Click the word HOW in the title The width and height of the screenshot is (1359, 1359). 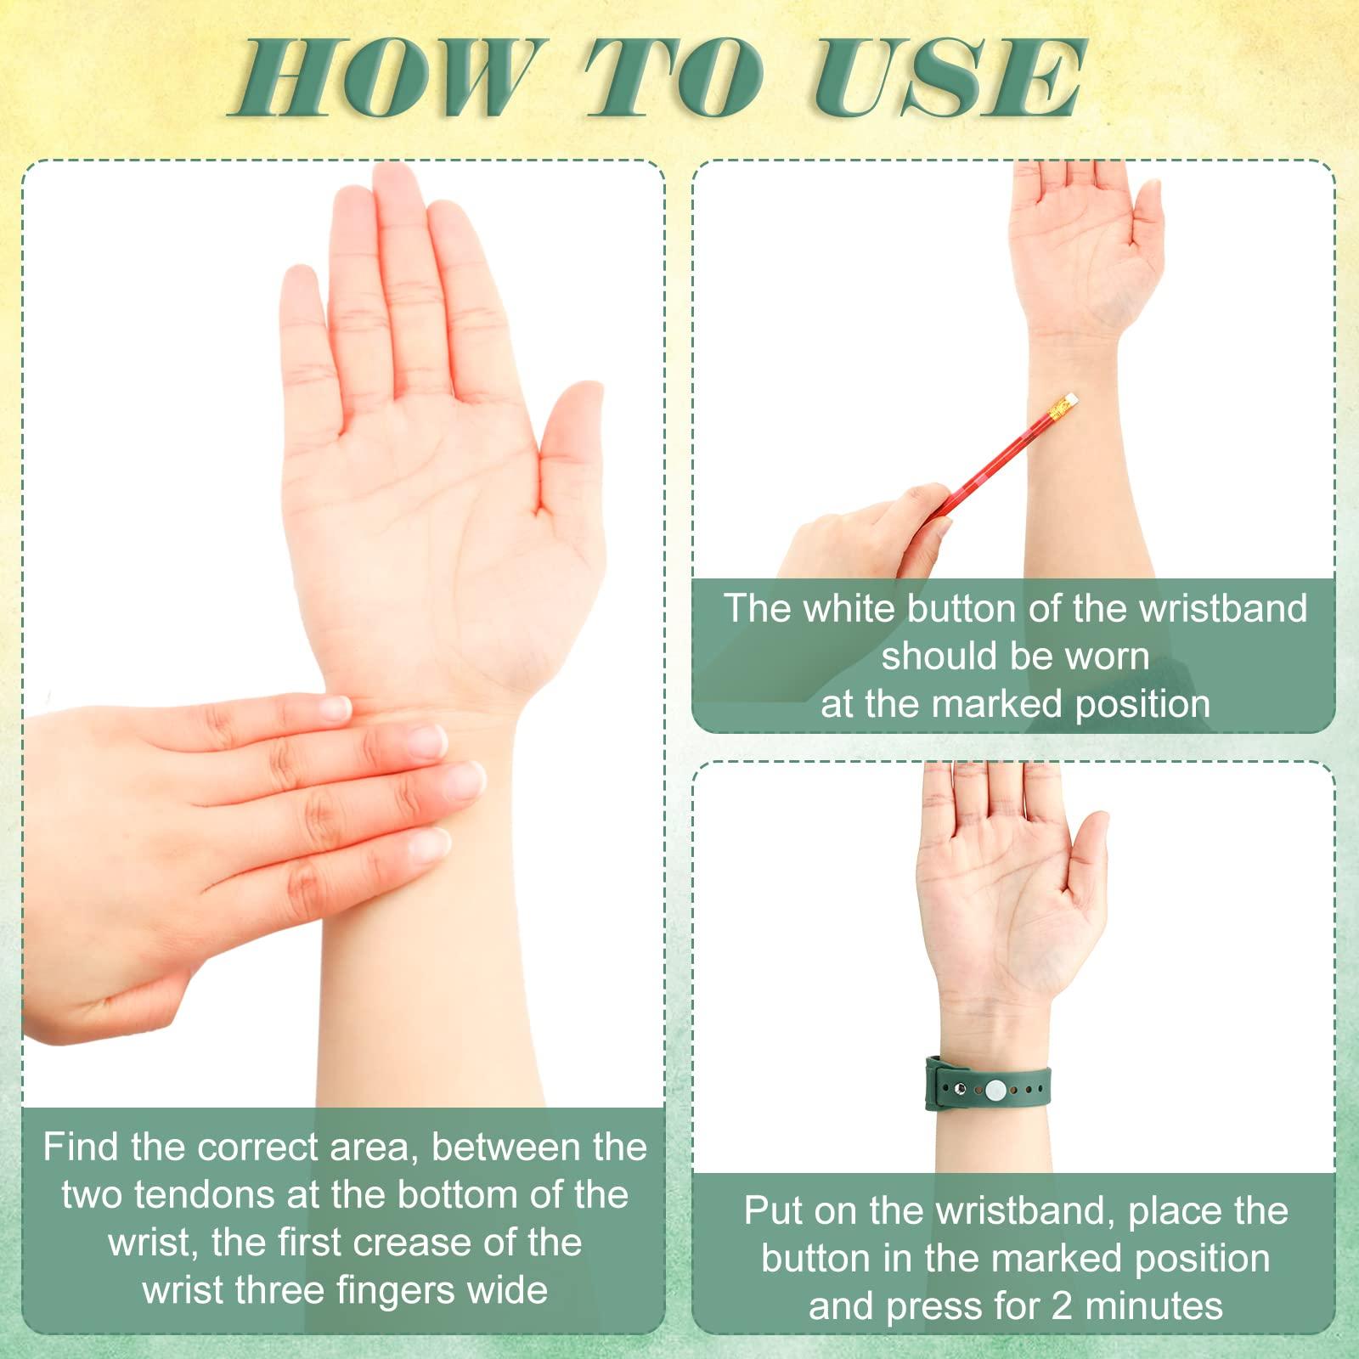[384, 78]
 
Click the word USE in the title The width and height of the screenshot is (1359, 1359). [949, 78]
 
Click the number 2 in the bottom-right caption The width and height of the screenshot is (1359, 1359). [1062, 1306]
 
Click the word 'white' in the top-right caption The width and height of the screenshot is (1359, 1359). [850, 609]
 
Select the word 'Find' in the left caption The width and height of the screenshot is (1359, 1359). [82, 1148]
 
